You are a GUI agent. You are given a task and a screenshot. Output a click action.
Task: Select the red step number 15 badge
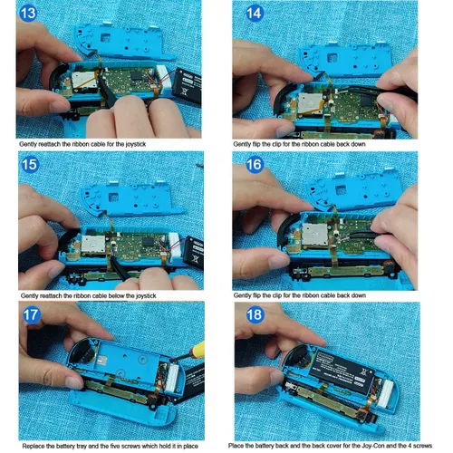click(29, 167)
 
